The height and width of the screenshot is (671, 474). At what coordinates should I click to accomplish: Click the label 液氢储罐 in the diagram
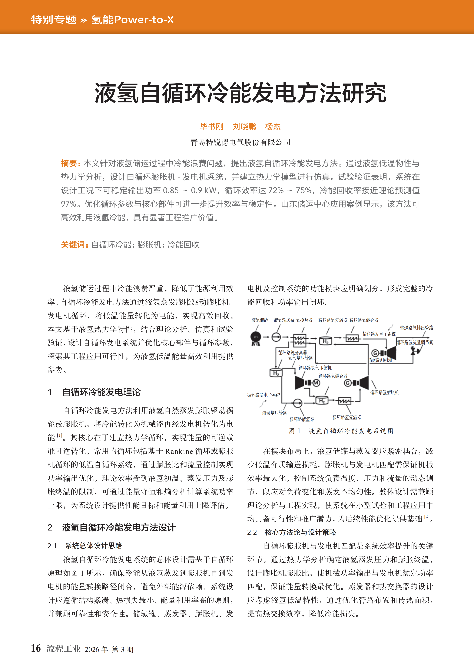(x=260, y=320)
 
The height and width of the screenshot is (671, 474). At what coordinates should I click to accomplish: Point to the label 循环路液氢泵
(x=302, y=419)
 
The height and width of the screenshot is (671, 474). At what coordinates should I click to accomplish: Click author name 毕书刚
(x=211, y=127)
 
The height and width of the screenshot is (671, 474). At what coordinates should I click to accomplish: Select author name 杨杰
(x=273, y=127)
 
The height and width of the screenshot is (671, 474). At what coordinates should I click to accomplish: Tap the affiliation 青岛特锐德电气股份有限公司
(x=240, y=142)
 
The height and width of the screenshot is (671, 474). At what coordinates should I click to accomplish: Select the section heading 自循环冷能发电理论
(x=101, y=392)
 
